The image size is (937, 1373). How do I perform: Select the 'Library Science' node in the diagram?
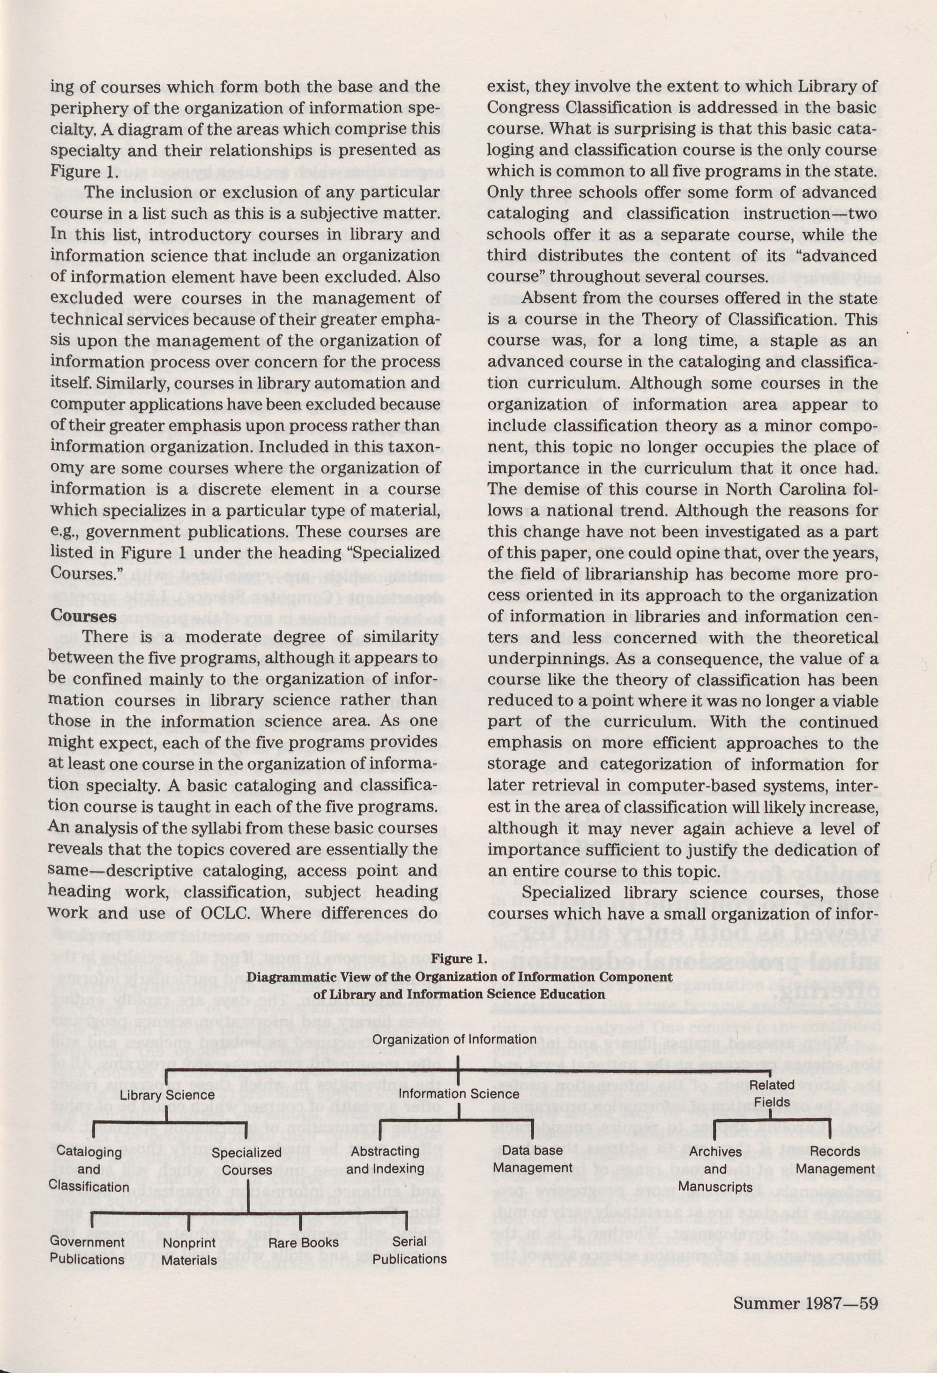point(167,1094)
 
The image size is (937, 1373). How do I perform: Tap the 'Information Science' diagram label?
point(459,1093)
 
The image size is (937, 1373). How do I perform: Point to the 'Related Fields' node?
point(772,1093)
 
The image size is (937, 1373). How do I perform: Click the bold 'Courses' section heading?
point(83,615)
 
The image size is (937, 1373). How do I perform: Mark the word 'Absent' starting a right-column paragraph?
point(548,298)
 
